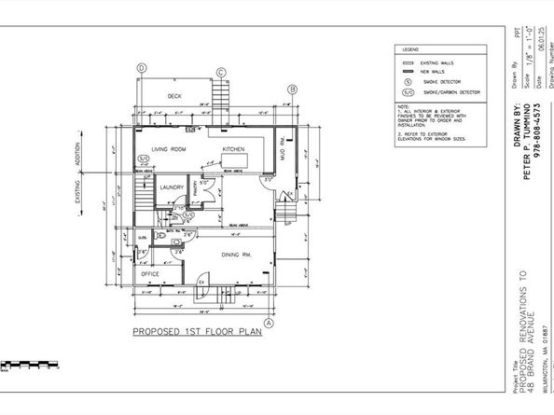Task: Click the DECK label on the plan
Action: [174, 96]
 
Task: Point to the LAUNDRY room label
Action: [172, 187]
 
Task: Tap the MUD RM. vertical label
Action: [284, 147]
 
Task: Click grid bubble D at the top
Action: [142, 68]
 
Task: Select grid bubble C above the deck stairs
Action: [221, 73]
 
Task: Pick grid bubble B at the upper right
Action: [292, 90]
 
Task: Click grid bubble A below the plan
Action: [268, 323]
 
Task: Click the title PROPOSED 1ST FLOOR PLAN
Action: [196, 332]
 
